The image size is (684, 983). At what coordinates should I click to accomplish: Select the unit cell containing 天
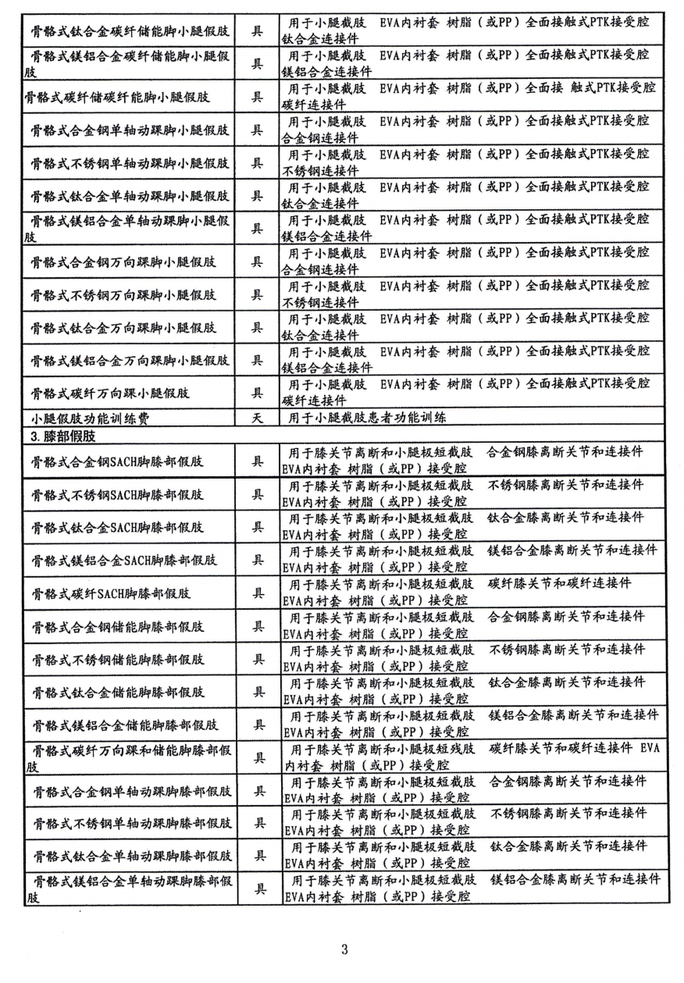pos(257,418)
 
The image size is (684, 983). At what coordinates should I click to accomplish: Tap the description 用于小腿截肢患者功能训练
pos(368,418)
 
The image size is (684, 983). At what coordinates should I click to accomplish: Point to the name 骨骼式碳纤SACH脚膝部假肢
pos(118,593)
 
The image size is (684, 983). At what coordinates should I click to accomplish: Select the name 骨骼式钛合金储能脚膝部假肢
pos(118,692)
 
